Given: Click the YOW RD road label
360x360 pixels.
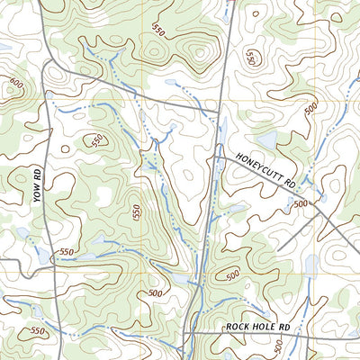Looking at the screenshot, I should tap(39, 185).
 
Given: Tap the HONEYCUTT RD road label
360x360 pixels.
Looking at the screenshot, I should tap(266, 168).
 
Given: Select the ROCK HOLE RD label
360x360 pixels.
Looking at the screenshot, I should tap(260, 326).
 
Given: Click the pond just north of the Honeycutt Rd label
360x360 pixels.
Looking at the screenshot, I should tap(268, 140).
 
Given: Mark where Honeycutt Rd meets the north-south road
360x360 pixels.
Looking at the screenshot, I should tap(213, 157).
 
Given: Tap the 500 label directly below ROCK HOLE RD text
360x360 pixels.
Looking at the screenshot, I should tap(279, 346).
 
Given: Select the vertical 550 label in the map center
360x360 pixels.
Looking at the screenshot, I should tap(136, 213).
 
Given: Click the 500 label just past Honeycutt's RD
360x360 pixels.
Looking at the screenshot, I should tap(300, 204).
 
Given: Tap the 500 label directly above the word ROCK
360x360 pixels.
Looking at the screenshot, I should tap(232, 274).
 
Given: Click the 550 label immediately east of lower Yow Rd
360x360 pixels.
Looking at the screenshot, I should tap(67, 253).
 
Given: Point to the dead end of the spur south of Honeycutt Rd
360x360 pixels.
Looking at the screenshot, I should tap(278, 249).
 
